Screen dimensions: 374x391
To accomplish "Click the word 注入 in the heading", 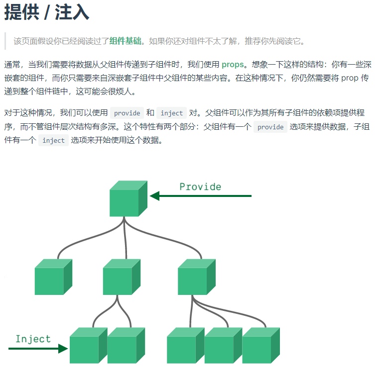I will click(72, 12).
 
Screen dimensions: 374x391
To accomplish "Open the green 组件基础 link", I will click(125, 41).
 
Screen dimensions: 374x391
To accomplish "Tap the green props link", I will click(233, 65).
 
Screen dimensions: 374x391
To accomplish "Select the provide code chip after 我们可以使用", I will click(127, 113).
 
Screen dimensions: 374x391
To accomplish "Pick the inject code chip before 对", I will click(172, 113).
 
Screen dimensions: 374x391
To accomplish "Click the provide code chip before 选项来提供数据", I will click(270, 127).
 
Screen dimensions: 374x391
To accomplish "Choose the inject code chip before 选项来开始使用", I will click(53, 140).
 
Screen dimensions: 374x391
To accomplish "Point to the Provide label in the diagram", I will click(200, 187).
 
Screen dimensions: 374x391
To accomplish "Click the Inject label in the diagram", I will click(33, 339).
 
